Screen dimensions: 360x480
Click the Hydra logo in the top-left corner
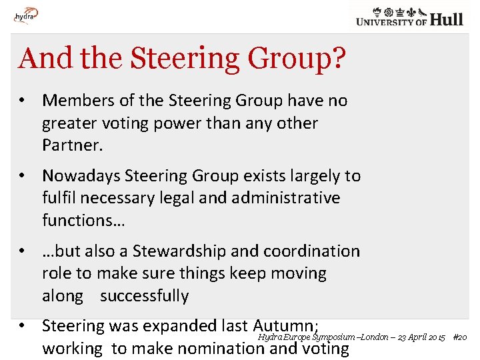tap(26, 15)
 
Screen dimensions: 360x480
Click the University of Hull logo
tap(409, 16)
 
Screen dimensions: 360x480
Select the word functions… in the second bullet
tap(83, 220)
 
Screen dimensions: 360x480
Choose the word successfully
tap(144, 296)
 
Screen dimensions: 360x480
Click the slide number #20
tap(459, 337)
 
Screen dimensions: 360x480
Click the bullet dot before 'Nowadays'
tap(23, 176)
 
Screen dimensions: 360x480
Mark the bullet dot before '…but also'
tap(23, 251)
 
